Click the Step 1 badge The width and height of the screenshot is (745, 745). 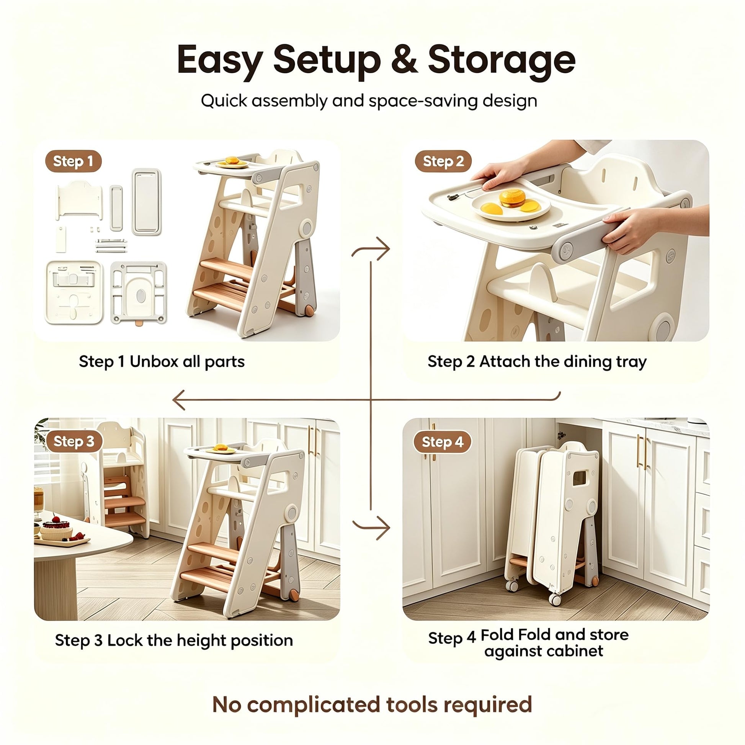tap(73, 161)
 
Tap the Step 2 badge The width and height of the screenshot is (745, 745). tap(443, 161)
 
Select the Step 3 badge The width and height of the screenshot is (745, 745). tap(74, 441)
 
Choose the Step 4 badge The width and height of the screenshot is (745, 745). tap(442, 442)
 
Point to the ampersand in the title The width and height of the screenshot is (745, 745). tap(405, 59)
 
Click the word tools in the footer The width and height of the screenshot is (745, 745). tap(412, 704)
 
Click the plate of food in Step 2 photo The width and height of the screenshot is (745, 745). tap(511, 206)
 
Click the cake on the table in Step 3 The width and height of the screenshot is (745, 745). tap(56, 529)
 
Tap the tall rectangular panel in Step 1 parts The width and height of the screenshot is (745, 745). tap(147, 202)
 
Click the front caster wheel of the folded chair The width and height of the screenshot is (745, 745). tap(555, 600)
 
